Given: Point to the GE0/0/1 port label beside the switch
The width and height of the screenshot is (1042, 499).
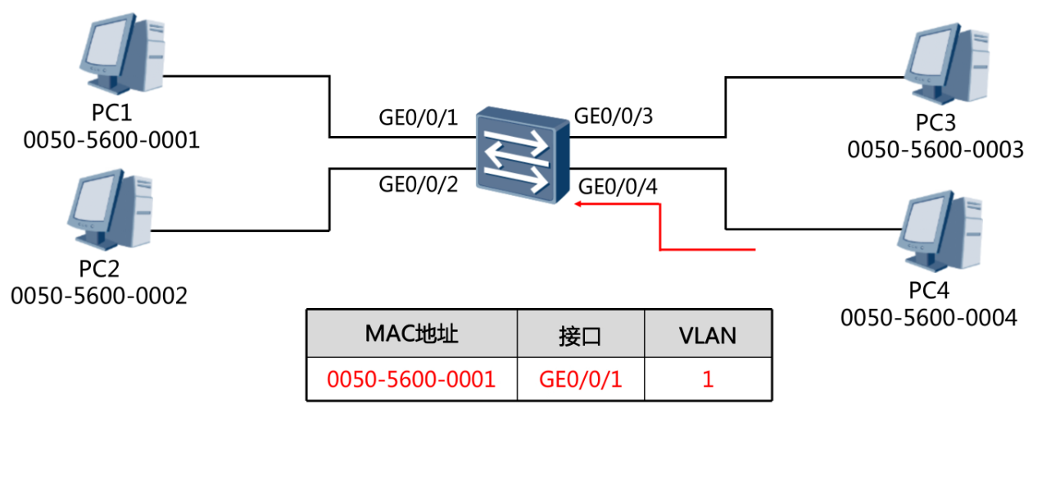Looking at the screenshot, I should click(x=419, y=117).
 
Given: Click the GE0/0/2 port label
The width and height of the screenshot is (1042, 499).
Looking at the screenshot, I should click(x=419, y=184).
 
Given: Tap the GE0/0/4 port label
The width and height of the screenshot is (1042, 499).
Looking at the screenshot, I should click(x=618, y=187).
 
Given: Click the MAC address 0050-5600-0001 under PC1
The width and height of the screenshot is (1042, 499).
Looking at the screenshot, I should click(x=111, y=140).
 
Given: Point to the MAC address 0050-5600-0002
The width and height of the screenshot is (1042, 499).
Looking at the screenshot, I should click(x=99, y=295).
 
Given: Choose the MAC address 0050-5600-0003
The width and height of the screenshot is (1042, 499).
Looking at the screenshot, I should click(x=936, y=150).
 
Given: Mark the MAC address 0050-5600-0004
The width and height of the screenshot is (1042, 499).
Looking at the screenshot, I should click(x=929, y=316).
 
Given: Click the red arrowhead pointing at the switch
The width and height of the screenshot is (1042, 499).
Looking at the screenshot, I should click(x=578, y=205).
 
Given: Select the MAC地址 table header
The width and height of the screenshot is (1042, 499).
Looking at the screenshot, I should click(x=411, y=334).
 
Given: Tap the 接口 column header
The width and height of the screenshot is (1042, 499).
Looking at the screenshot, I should click(x=581, y=336).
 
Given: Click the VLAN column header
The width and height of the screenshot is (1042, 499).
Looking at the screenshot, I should click(x=708, y=335).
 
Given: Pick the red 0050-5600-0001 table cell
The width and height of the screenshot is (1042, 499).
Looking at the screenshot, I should click(x=411, y=379).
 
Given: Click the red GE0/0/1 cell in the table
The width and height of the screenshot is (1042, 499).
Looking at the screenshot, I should click(x=580, y=379).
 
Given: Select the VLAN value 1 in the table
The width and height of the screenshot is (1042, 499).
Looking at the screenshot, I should click(x=708, y=379).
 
